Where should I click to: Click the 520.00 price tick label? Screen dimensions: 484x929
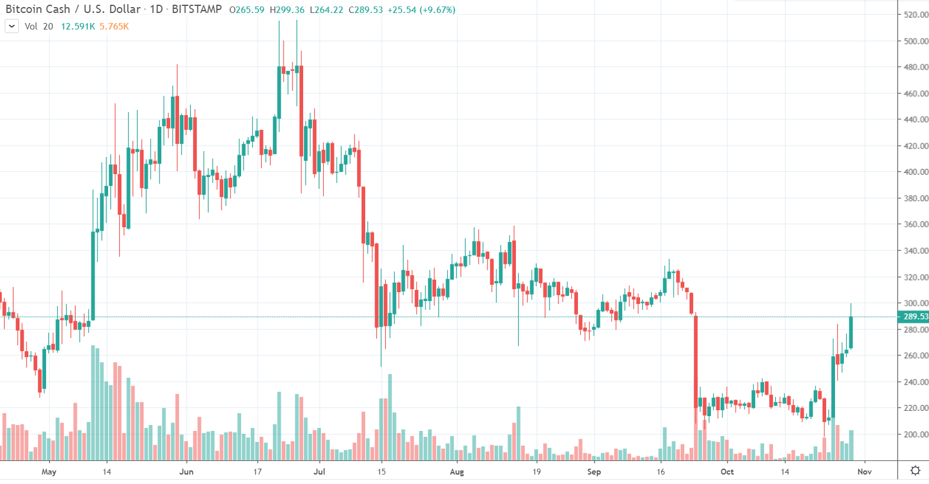(916, 15)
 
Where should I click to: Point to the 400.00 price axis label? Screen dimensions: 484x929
(916, 172)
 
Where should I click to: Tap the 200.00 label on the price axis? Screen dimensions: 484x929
(916, 434)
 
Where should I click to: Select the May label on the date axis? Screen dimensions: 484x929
(49, 472)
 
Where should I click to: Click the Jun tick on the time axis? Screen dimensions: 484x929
(186, 472)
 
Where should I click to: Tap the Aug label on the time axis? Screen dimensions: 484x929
(457, 472)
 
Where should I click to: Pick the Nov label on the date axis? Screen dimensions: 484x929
(865, 472)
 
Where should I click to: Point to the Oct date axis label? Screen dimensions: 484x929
(727, 472)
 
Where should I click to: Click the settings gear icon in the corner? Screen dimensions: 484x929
(915, 470)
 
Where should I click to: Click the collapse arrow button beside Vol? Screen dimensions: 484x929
(12, 26)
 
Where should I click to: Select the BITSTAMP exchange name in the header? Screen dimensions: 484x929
(197, 9)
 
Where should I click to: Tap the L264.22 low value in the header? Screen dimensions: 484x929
(327, 10)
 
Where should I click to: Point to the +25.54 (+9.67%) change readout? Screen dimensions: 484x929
(421, 10)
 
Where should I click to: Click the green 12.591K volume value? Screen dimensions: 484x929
(78, 27)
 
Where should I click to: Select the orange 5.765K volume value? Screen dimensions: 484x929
(114, 27)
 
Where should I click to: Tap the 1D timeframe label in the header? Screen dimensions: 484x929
(156, 9)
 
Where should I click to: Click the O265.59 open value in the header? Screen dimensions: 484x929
(246, 10)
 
